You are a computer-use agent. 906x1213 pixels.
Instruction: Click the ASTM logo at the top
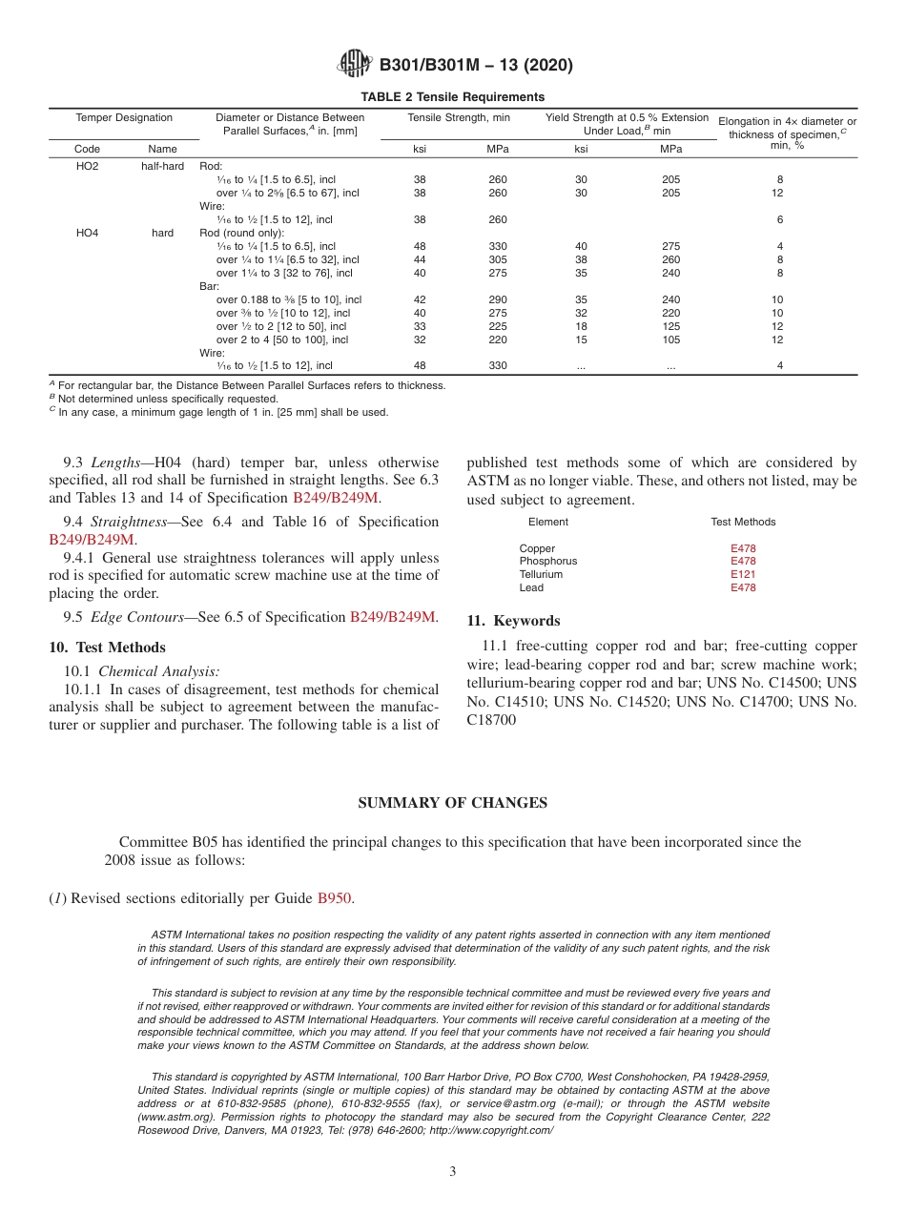pos(356,65)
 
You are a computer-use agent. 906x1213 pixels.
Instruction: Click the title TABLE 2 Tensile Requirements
pos(452,96)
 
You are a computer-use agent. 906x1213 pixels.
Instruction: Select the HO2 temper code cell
pos(87,166)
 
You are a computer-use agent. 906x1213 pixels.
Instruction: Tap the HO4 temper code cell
pos(87,233)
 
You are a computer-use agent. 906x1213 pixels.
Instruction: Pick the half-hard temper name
pos(162,166)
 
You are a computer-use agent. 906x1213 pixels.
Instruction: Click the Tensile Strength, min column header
pos(459,118)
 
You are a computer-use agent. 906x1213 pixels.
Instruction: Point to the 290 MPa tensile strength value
pos(498,299)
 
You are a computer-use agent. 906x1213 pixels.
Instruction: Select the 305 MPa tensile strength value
pos(498,259)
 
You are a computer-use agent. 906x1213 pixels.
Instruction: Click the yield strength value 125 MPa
pos(671,326)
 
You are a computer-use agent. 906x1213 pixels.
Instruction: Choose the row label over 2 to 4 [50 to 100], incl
pos(281,339)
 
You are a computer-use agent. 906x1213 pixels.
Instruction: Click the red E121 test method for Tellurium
pos(743,574)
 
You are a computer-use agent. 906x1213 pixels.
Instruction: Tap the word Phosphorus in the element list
pos(547,562)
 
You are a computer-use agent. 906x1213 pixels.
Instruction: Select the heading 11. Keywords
pos(513,621)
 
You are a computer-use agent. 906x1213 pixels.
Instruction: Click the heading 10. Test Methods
pos(107,648)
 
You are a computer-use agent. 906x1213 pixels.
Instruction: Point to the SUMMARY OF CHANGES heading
pos(452,803)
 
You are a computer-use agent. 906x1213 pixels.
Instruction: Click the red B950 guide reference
pos(334,898)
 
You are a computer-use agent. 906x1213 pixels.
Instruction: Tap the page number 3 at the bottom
pos(453,1171)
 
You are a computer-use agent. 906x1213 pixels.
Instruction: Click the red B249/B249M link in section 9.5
pos(392,617)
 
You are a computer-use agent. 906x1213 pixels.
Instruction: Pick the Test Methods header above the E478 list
pos(743,522)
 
